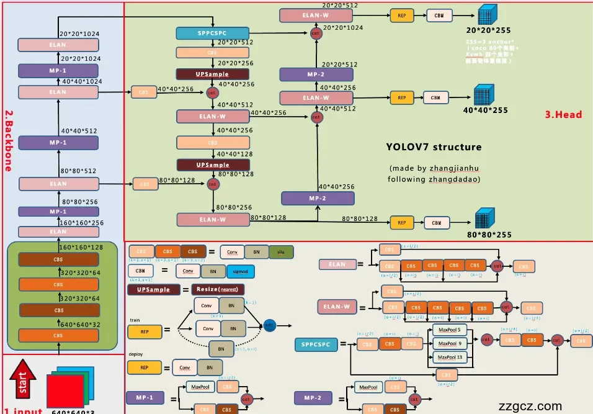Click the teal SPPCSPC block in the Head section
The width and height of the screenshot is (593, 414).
pos(212,34)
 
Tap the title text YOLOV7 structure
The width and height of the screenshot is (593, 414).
pos(434,147)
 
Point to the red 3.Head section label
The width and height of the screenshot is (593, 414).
pos(563,114)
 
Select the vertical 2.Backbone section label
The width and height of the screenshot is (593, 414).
pos(9,140)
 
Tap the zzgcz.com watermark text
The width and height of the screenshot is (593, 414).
pos(530,407)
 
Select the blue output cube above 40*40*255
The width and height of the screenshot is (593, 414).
pos(483,95)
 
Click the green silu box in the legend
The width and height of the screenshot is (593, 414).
pos(281,252)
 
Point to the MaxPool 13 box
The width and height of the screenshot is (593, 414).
pos(452,357)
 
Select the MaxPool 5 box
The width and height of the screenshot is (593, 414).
pos(450,330)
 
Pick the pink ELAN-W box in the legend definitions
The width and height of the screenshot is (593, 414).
pos(337,306)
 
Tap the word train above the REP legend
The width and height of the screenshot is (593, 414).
pos(135,320)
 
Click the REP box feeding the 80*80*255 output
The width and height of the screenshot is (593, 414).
pos(401,222)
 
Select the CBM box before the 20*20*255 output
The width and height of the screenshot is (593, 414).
pos(439,16)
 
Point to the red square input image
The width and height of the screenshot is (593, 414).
pos(63,392)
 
